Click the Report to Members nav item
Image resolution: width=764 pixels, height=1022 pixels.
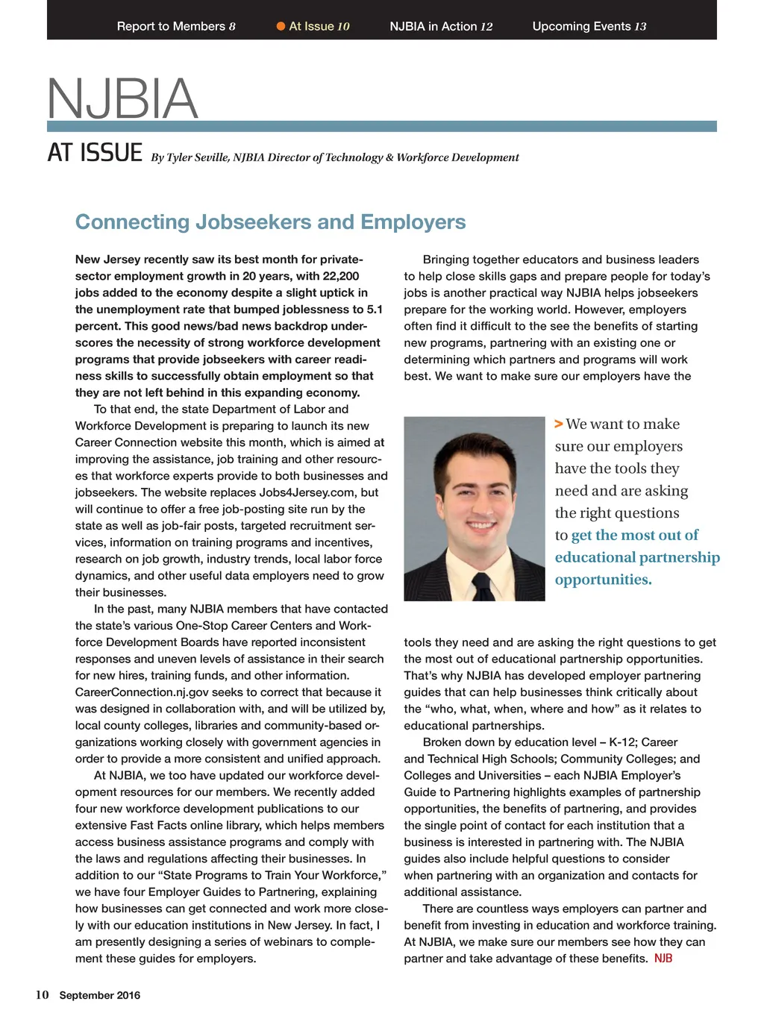[x=176, y=26]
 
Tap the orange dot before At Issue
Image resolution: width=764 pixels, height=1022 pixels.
[x=281, y=26]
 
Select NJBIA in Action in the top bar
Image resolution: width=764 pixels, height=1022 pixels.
[x=441, y=26]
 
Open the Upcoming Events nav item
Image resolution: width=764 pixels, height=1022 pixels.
[x=589, y=26]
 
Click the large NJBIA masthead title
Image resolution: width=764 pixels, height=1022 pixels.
[x=123, y=98]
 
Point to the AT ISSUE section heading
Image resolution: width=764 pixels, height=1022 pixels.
[x=95, y=153]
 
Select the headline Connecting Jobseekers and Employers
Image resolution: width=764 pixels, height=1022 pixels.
[x=270, y=222]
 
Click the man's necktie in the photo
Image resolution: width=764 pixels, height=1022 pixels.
[x=483, y=586]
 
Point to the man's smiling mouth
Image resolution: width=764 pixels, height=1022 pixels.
[x=481, y=525]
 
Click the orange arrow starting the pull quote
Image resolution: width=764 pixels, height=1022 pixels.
[x=559, y=424]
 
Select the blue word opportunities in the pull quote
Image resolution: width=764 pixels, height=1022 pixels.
[x=603, y=580]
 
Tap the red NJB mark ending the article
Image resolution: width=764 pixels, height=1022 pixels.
[x=663, y=959]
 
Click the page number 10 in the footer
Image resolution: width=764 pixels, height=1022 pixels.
[x=42, y=994]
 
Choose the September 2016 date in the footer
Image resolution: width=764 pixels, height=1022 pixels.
[x=100, y=995]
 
